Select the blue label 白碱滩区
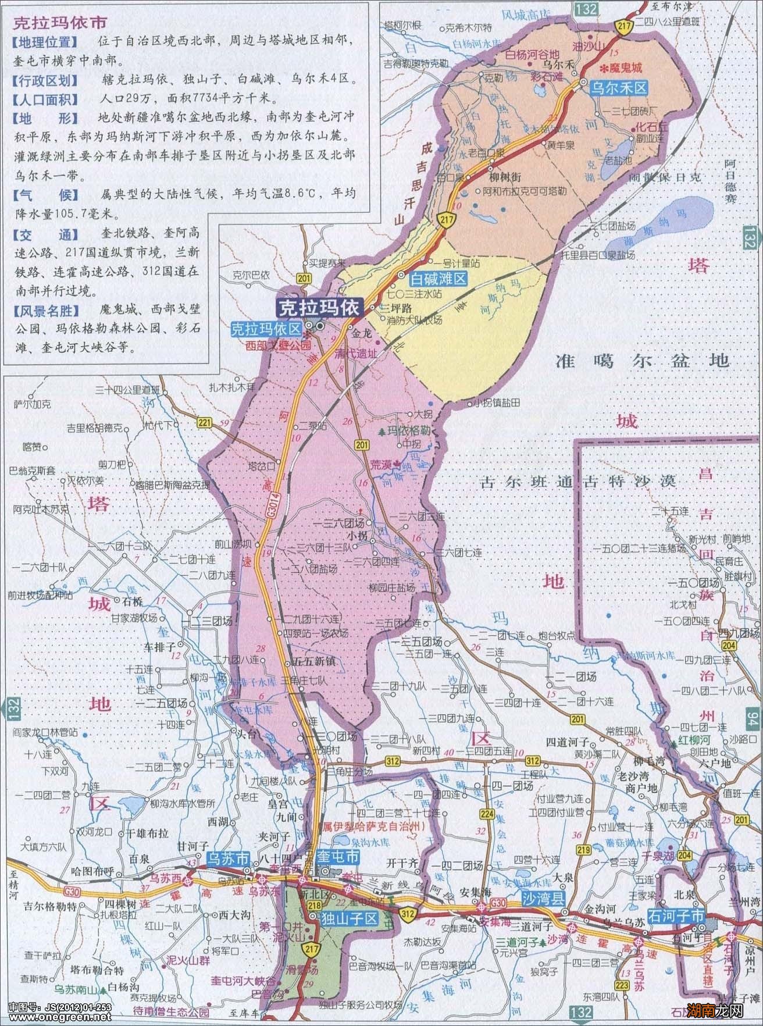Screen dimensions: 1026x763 440,279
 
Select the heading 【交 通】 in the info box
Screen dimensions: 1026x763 44,234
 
